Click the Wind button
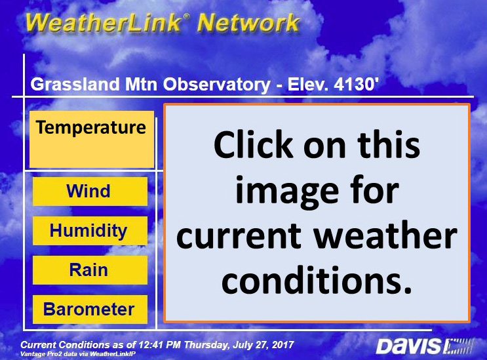(90, 191)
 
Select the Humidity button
(90, 231)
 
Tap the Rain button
(90, 270)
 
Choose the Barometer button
(90, 310)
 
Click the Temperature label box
(92, 140)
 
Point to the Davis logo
(424, 346)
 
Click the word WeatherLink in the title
(104, 23)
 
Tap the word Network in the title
(248, 23)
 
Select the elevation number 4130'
(357, 84)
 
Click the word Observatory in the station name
(217, 85)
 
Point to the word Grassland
(75, 84)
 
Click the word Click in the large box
(253, 144)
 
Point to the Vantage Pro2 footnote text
(77, 354)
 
